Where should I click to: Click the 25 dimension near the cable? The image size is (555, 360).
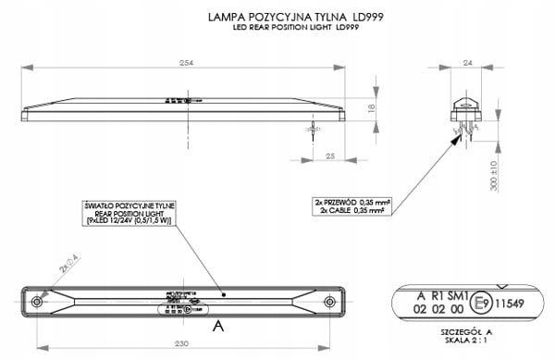(x=331, y=157)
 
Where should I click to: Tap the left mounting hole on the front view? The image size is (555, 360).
(x=37, y=303)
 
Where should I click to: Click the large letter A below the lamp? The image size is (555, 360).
(x=217, y=326)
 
